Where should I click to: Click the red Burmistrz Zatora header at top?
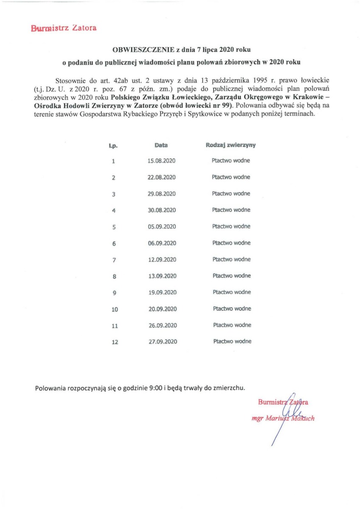(x=64, y=28)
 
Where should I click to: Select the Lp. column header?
(x=113, y=145)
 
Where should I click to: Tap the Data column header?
(x=161, y=145)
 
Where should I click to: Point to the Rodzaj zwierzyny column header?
(x=231, y=145)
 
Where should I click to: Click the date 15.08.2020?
(x=162, y=161)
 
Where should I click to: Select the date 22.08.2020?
(x=162, y=177)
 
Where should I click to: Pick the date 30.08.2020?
(x=162, y=210)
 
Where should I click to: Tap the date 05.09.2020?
(x=162, y=227)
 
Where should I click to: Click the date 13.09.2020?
(x=162, y=276)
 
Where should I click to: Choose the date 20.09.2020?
(x=162, y=309)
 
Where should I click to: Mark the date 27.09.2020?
(x=162, y=342)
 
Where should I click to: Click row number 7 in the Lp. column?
(x=114, y=260)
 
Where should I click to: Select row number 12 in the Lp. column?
(x=115, y=342)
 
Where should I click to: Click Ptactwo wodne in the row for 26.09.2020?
(x=232, y=325)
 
